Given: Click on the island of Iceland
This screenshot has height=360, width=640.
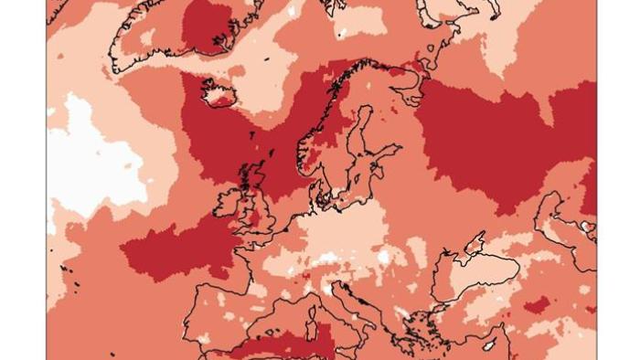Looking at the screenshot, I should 217,92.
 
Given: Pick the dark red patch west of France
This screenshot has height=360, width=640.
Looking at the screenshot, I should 178,247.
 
